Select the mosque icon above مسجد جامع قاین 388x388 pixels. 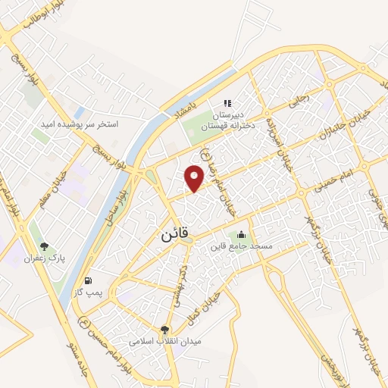point(241,233)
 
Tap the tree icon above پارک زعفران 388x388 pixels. point(45,246)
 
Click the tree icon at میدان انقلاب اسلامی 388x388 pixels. point(164,328)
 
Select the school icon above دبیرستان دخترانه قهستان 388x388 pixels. point(227,104)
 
